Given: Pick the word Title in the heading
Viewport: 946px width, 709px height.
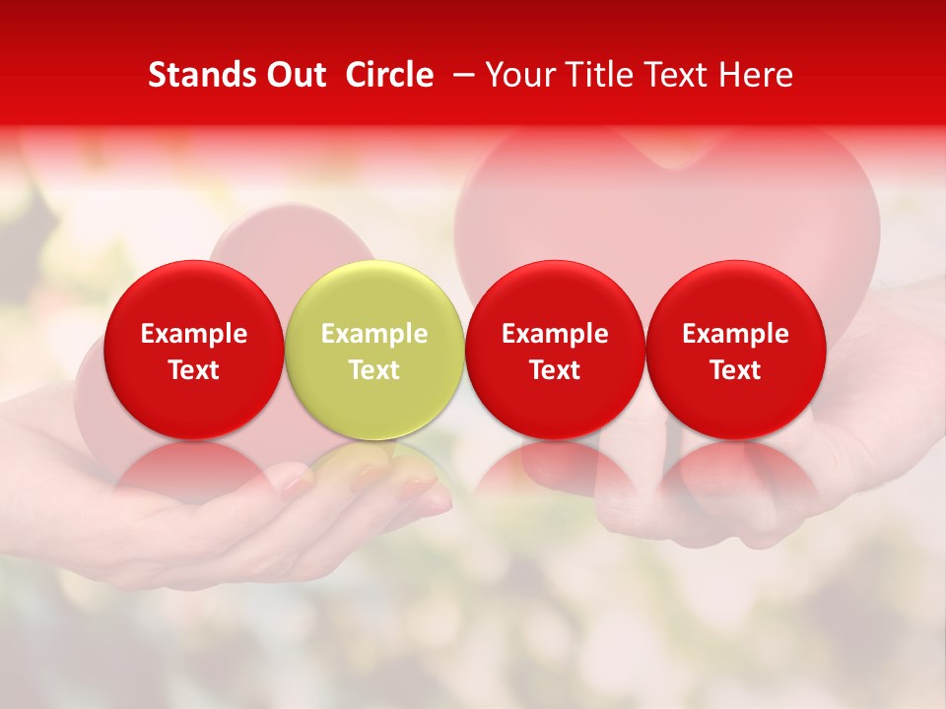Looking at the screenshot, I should tap(600, 75).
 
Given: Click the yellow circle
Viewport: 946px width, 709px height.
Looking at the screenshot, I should tap(374, 350).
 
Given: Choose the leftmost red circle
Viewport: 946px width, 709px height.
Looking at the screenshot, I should tap(194, 350).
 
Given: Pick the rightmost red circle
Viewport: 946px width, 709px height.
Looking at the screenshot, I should tap(736, 350).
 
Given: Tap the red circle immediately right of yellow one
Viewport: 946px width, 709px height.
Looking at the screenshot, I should tap(555, 350).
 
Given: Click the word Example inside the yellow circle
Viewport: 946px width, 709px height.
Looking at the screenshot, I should tap(374, 334).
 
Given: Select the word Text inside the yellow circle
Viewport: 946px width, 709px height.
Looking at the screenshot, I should tap(374, 370).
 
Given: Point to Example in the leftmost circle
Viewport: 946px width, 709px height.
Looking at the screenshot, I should tap(194, 334).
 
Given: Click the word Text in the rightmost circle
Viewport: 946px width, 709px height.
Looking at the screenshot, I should tap(736, 370).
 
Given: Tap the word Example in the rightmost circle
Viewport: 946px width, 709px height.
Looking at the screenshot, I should tap(736, 334).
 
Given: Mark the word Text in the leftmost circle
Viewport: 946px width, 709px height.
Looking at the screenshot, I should tap(194, 370).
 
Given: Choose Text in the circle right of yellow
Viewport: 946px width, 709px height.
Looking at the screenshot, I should tap(555, 370).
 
